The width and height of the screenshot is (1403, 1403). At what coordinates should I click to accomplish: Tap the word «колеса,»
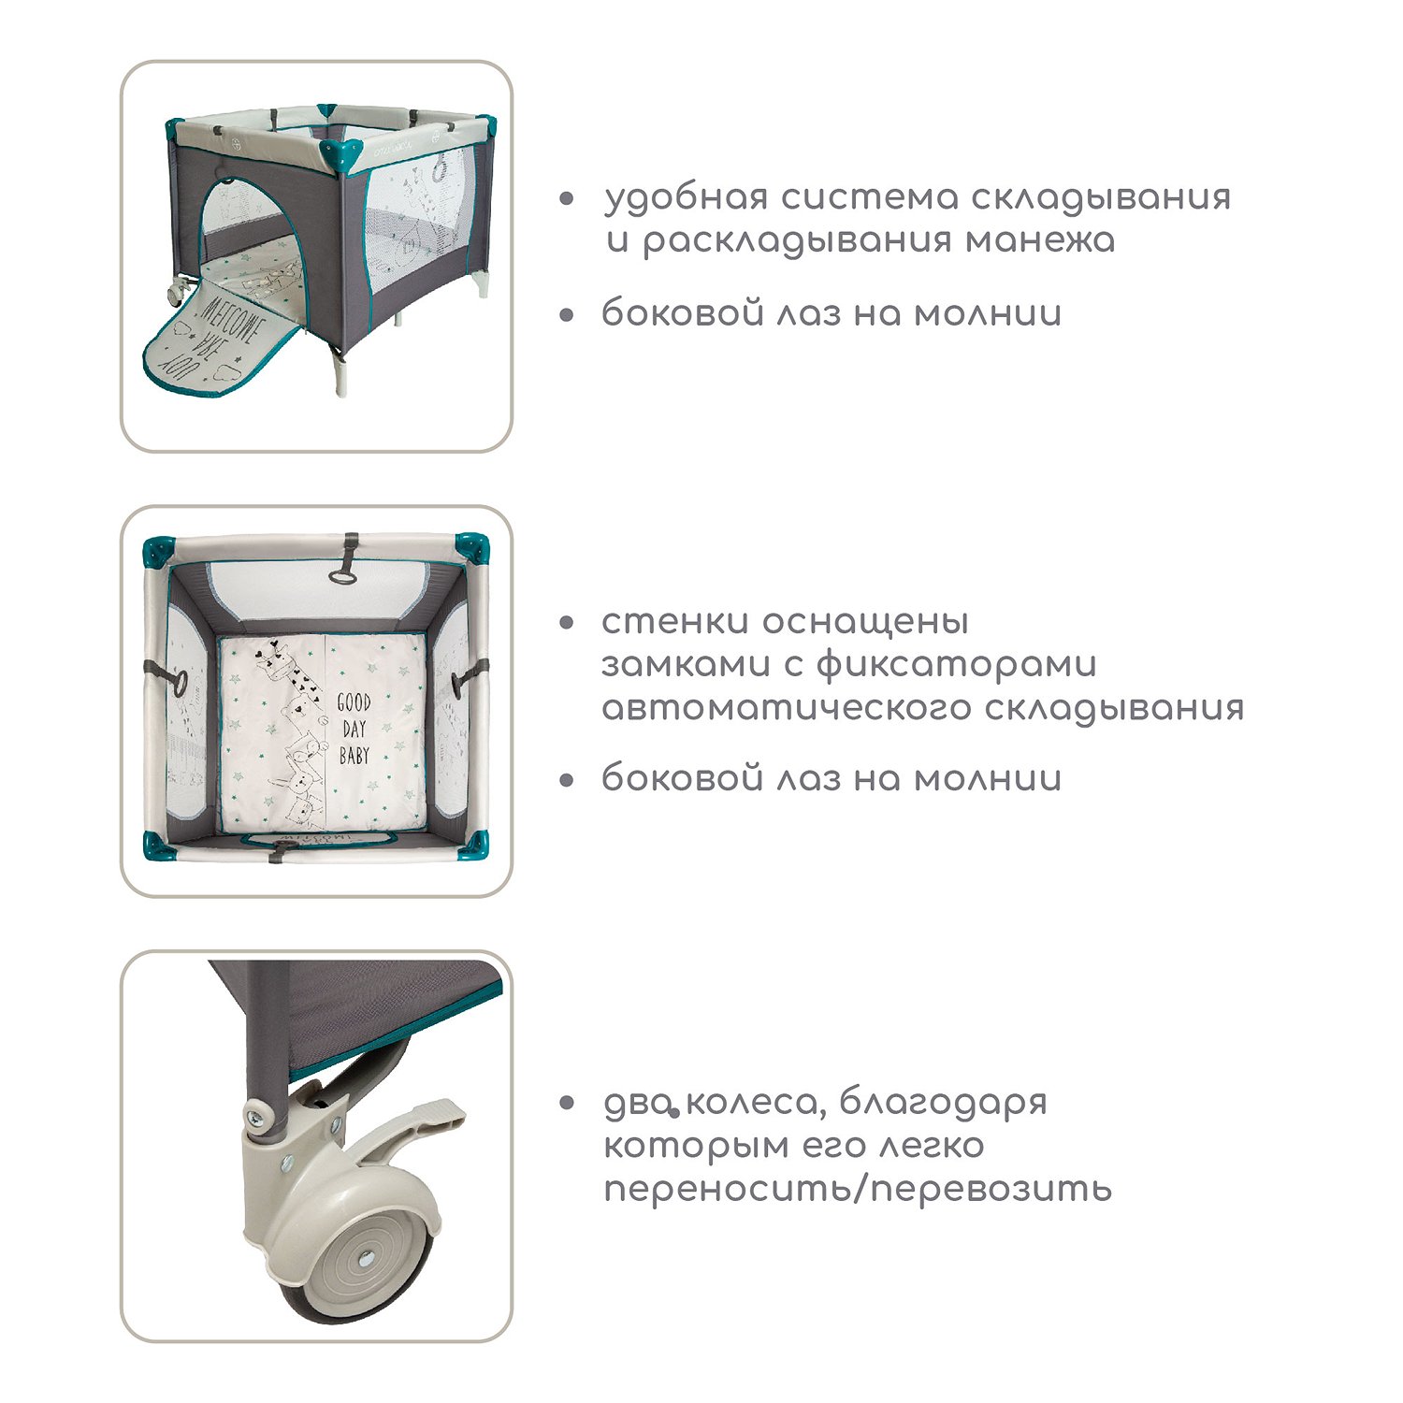[754, 1104]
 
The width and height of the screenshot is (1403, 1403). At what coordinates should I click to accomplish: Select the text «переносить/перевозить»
[858, 1189]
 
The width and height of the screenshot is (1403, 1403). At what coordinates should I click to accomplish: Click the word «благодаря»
[943, 1104]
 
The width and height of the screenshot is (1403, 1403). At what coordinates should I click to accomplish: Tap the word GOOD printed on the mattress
[354, 702]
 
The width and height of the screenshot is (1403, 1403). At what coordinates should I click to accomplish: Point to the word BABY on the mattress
[354, 755]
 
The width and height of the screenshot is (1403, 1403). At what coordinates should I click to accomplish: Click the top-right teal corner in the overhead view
[471, 548]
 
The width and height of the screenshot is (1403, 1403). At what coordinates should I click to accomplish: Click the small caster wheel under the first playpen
[175, 293]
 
